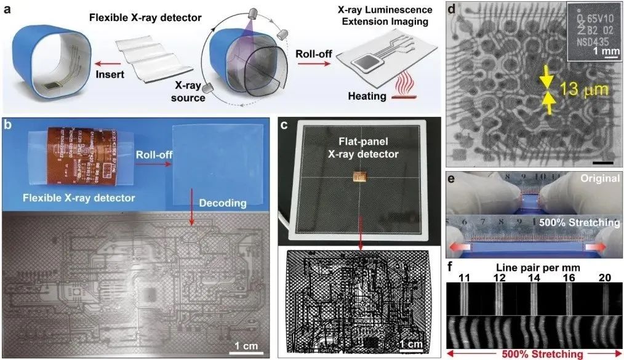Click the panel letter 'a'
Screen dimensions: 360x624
click(x=9, y=10)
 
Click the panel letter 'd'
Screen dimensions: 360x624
click(x=452, y=10)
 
